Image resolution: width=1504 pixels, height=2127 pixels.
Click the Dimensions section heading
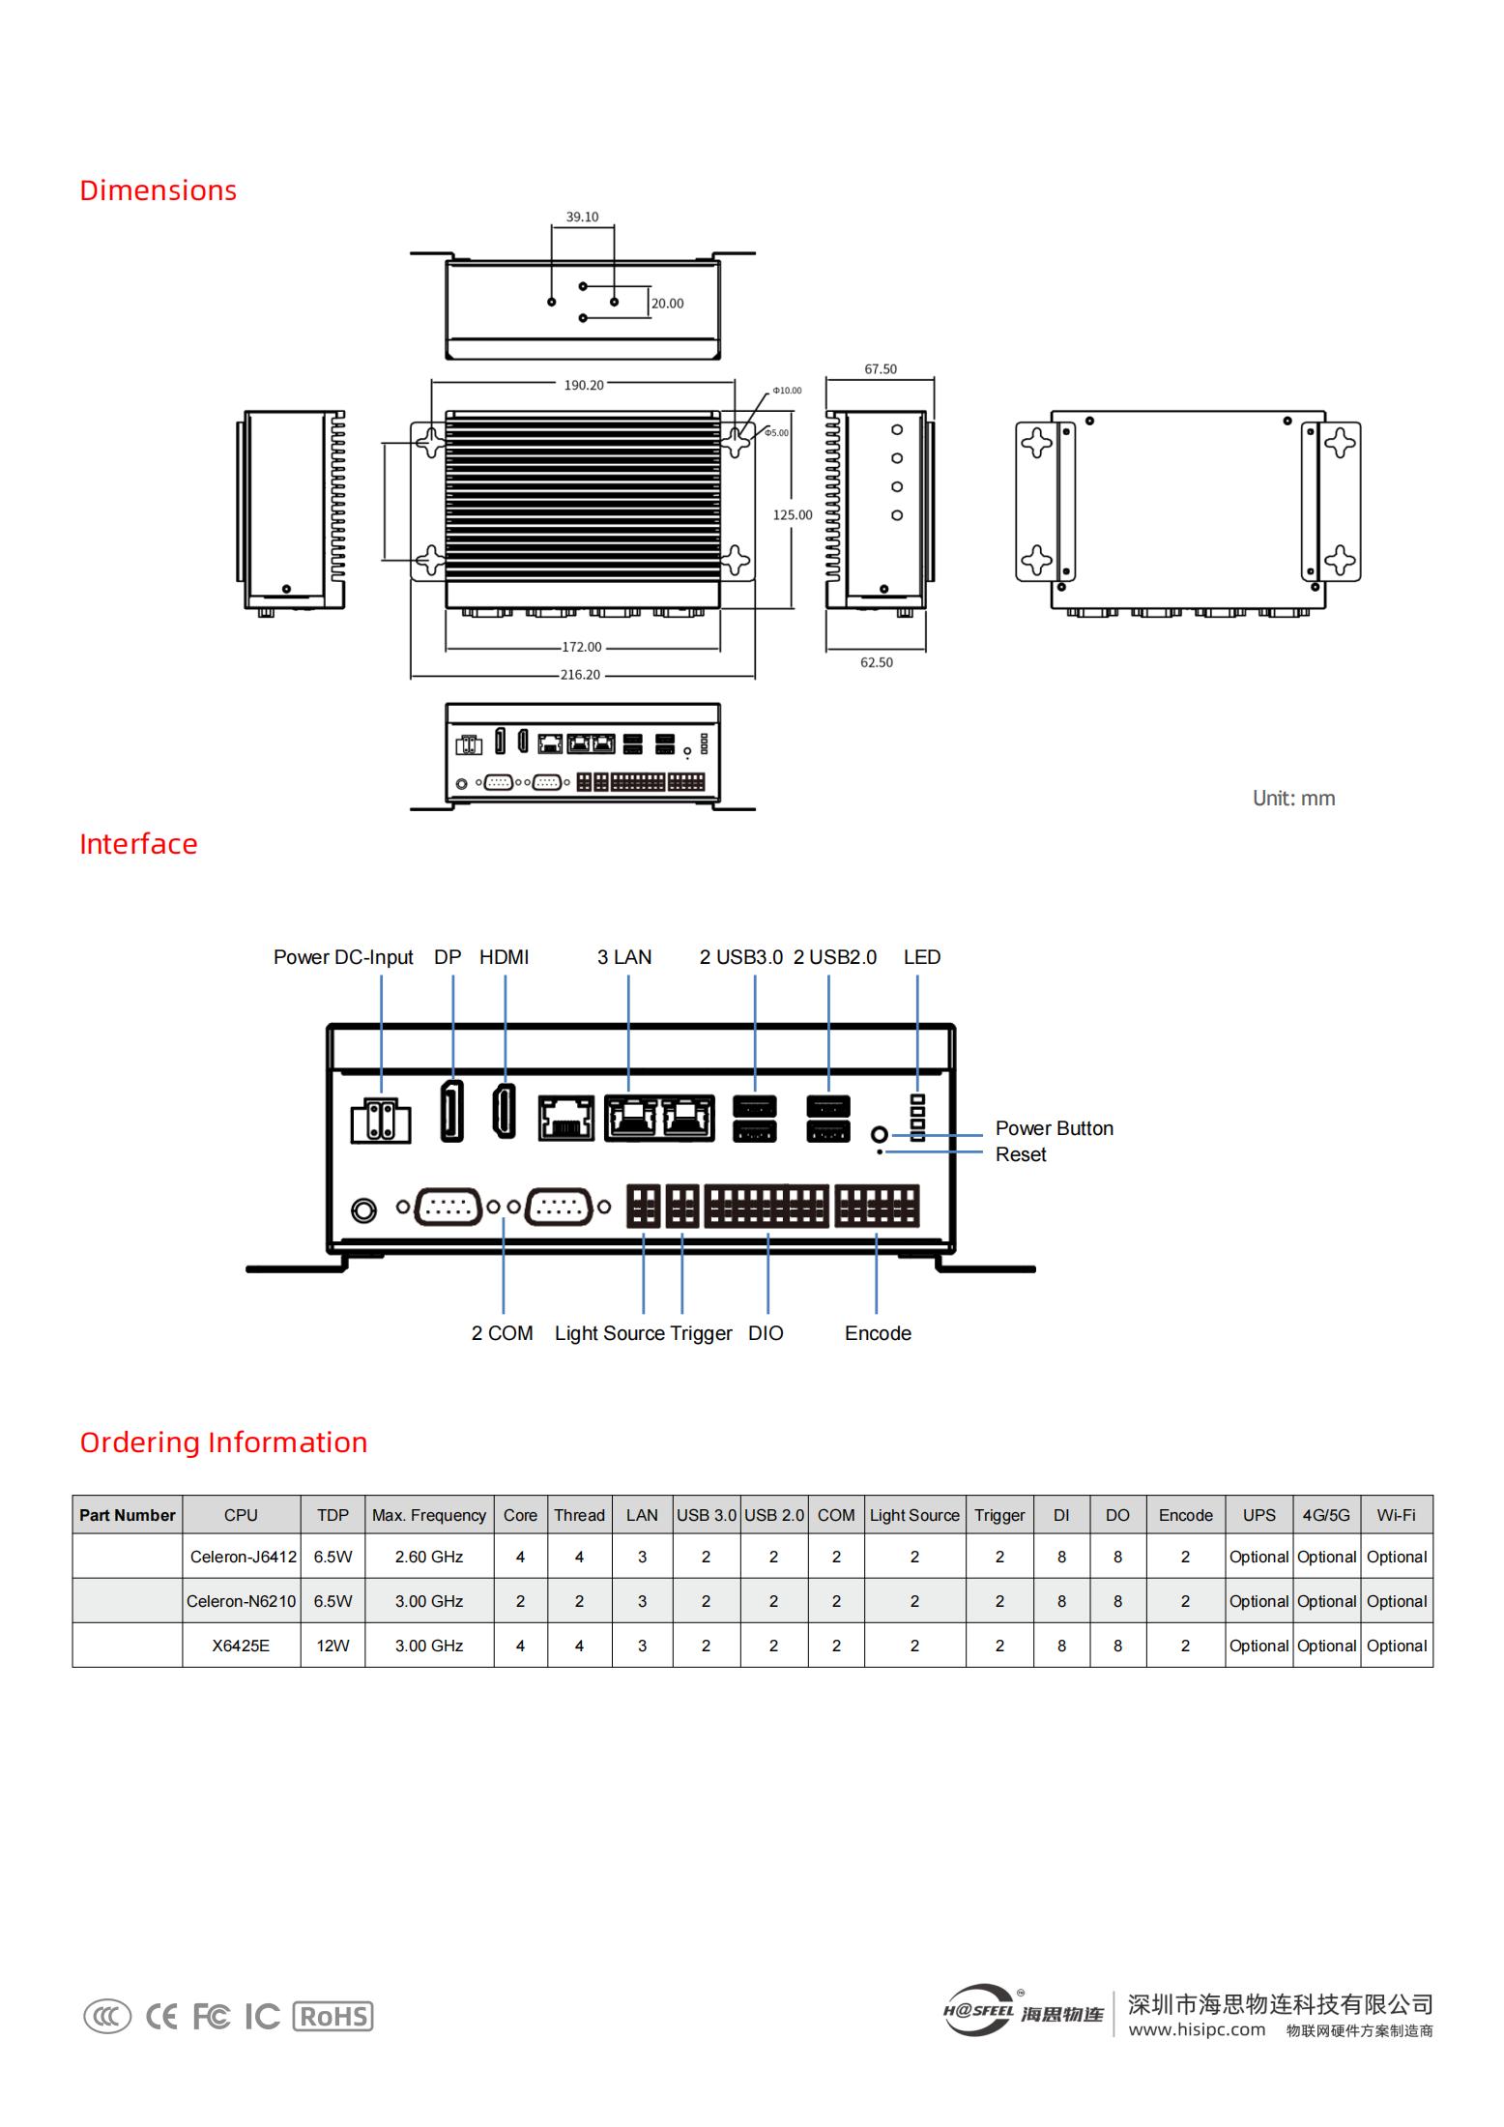[158, 190]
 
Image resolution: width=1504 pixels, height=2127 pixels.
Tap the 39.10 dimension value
[582, 218]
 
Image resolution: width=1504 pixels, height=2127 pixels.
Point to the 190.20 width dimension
[584, 385]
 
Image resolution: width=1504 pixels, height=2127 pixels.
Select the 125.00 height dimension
[793, 514]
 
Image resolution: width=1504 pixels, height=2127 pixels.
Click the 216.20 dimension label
[580, 675]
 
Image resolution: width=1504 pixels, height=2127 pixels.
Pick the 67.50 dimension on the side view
[881, 369]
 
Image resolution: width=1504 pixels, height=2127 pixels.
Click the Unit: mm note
[1294, 799]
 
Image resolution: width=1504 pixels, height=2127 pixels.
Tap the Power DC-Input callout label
[343, 957]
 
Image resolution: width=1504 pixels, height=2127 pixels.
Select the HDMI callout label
[505, 957]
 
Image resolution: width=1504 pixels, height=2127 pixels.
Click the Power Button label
[1055, 1128]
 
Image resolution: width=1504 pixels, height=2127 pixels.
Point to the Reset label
[1021, 1154]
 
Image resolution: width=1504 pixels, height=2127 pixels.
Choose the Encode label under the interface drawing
[878, 1333]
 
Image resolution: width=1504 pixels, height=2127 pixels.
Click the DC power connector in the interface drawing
[380, 1121]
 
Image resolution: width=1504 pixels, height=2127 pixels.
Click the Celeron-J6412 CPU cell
[244, 1557]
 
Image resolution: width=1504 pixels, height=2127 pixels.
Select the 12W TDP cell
[333, 1646]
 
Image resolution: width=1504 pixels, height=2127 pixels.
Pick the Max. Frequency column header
[429, 1515]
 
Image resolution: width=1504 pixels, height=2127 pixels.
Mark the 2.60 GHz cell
[429, 1557]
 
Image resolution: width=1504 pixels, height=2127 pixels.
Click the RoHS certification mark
[333, 2016]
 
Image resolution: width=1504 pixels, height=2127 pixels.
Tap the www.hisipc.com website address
[1197, 2029]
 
